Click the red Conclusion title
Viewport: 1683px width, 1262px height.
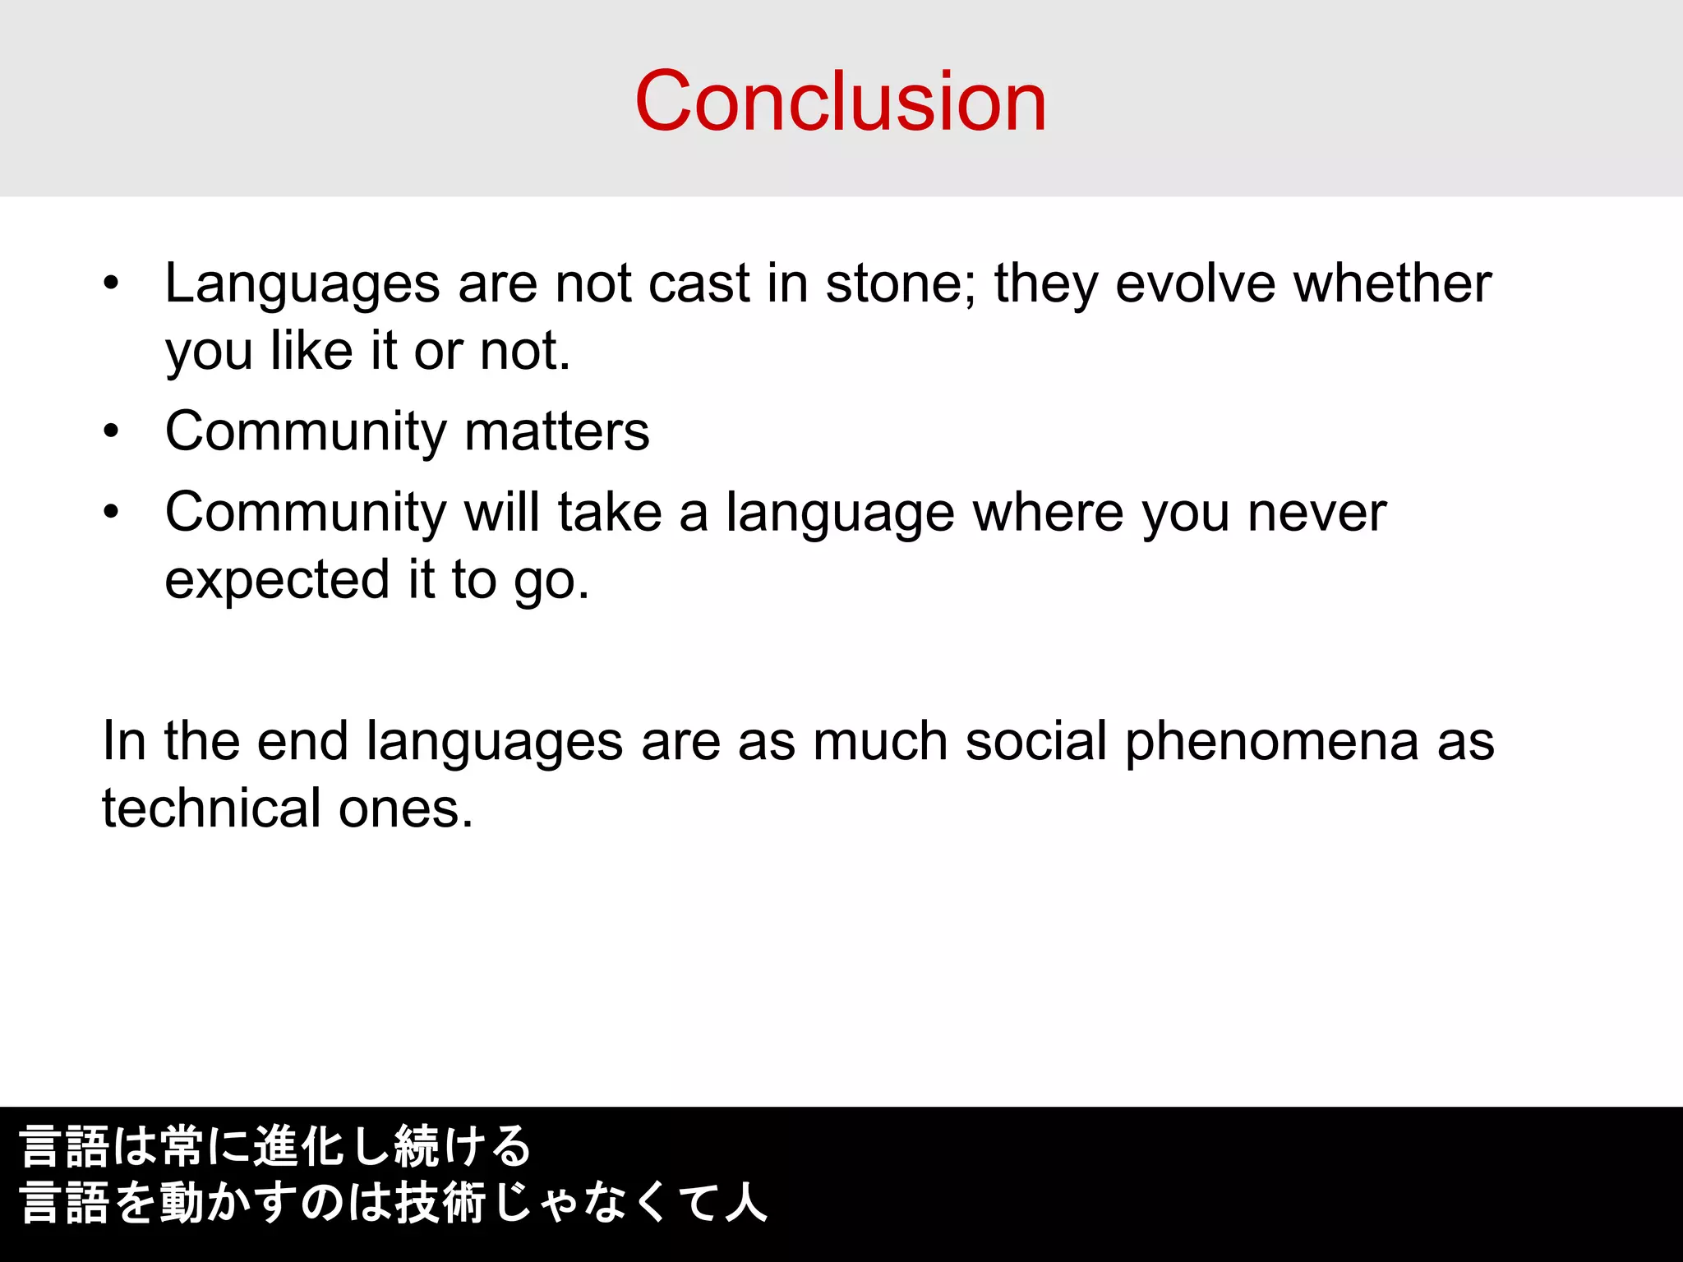click(841, 101)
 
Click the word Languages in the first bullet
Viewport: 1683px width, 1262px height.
click(302, 284)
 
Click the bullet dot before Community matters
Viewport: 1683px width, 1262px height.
click(112, 431)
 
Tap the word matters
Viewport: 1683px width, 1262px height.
click(556, 431)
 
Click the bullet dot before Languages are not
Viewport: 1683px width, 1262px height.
click(112, 284)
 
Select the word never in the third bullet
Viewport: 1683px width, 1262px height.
click(1316, 513)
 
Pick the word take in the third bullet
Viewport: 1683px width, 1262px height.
click(610, 513)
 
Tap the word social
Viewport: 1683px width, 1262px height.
click(1036, 741)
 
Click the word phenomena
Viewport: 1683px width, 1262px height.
click(1271, 743)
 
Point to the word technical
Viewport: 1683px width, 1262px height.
click(211, 808)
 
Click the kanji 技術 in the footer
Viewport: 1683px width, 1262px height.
click(440, 1203)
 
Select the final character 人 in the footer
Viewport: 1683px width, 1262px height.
click(745, 1203)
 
